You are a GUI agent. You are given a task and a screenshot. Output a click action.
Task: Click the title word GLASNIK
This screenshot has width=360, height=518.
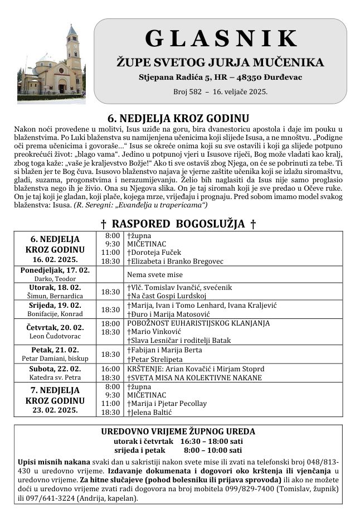coord(221,38)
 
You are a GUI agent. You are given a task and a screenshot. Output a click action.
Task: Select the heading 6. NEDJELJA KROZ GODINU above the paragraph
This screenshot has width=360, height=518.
coord(178,118)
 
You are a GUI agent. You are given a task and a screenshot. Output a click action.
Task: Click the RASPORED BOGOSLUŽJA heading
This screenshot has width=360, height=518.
coord(178,224)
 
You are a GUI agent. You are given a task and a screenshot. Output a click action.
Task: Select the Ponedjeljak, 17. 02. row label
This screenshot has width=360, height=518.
coord(55,270)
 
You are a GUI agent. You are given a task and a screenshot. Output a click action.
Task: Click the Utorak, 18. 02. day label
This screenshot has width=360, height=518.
coord(55,287)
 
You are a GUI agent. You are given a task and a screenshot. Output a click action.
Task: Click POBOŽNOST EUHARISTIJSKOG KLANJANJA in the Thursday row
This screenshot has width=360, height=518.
coord(198,323)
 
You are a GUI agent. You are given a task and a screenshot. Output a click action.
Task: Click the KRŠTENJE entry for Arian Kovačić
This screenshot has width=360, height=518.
coord(196,369)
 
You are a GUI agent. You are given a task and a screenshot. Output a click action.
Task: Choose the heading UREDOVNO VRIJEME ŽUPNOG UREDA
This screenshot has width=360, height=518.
coord(178,431)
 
